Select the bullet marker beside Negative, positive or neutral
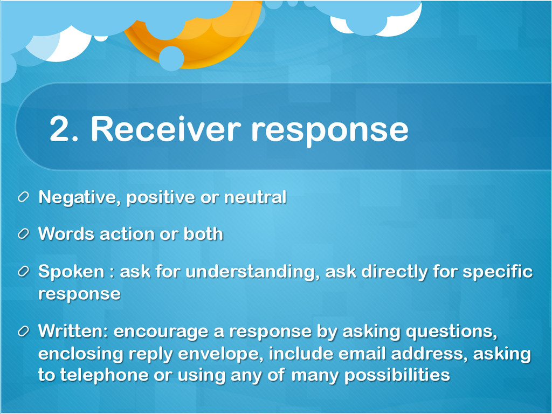[23, 197]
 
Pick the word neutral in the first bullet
[255, 197]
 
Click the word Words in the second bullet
[66, 234]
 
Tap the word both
[203, 234]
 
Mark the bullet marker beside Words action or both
[23, 234]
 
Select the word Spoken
[71, 272]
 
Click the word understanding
[252, 272]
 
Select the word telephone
[104, 375]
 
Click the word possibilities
[397, 375]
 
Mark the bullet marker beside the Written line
[23, 331]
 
